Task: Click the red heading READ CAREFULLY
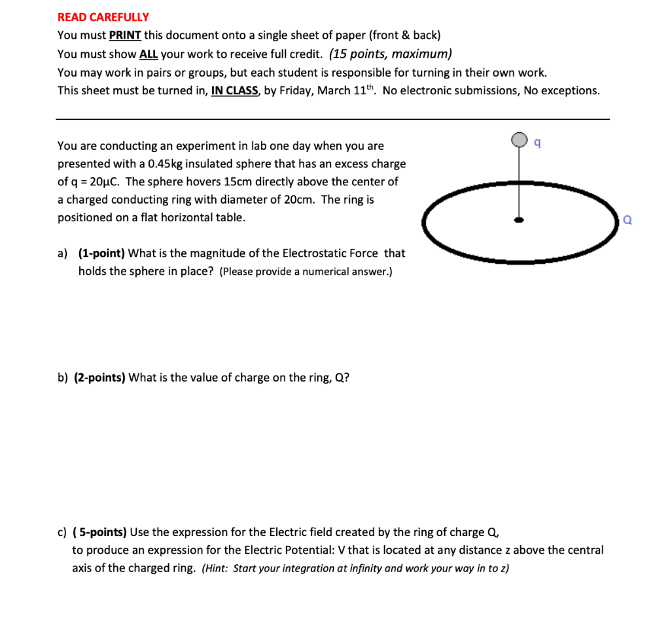pos(103,17)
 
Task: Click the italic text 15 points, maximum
pos(391,54)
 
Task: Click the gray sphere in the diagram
pos(520,139)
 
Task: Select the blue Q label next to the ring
pos(627,221)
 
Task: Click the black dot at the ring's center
pos(519,221)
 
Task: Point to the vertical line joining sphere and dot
pos(520,183)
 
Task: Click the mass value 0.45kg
pos(169,164)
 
